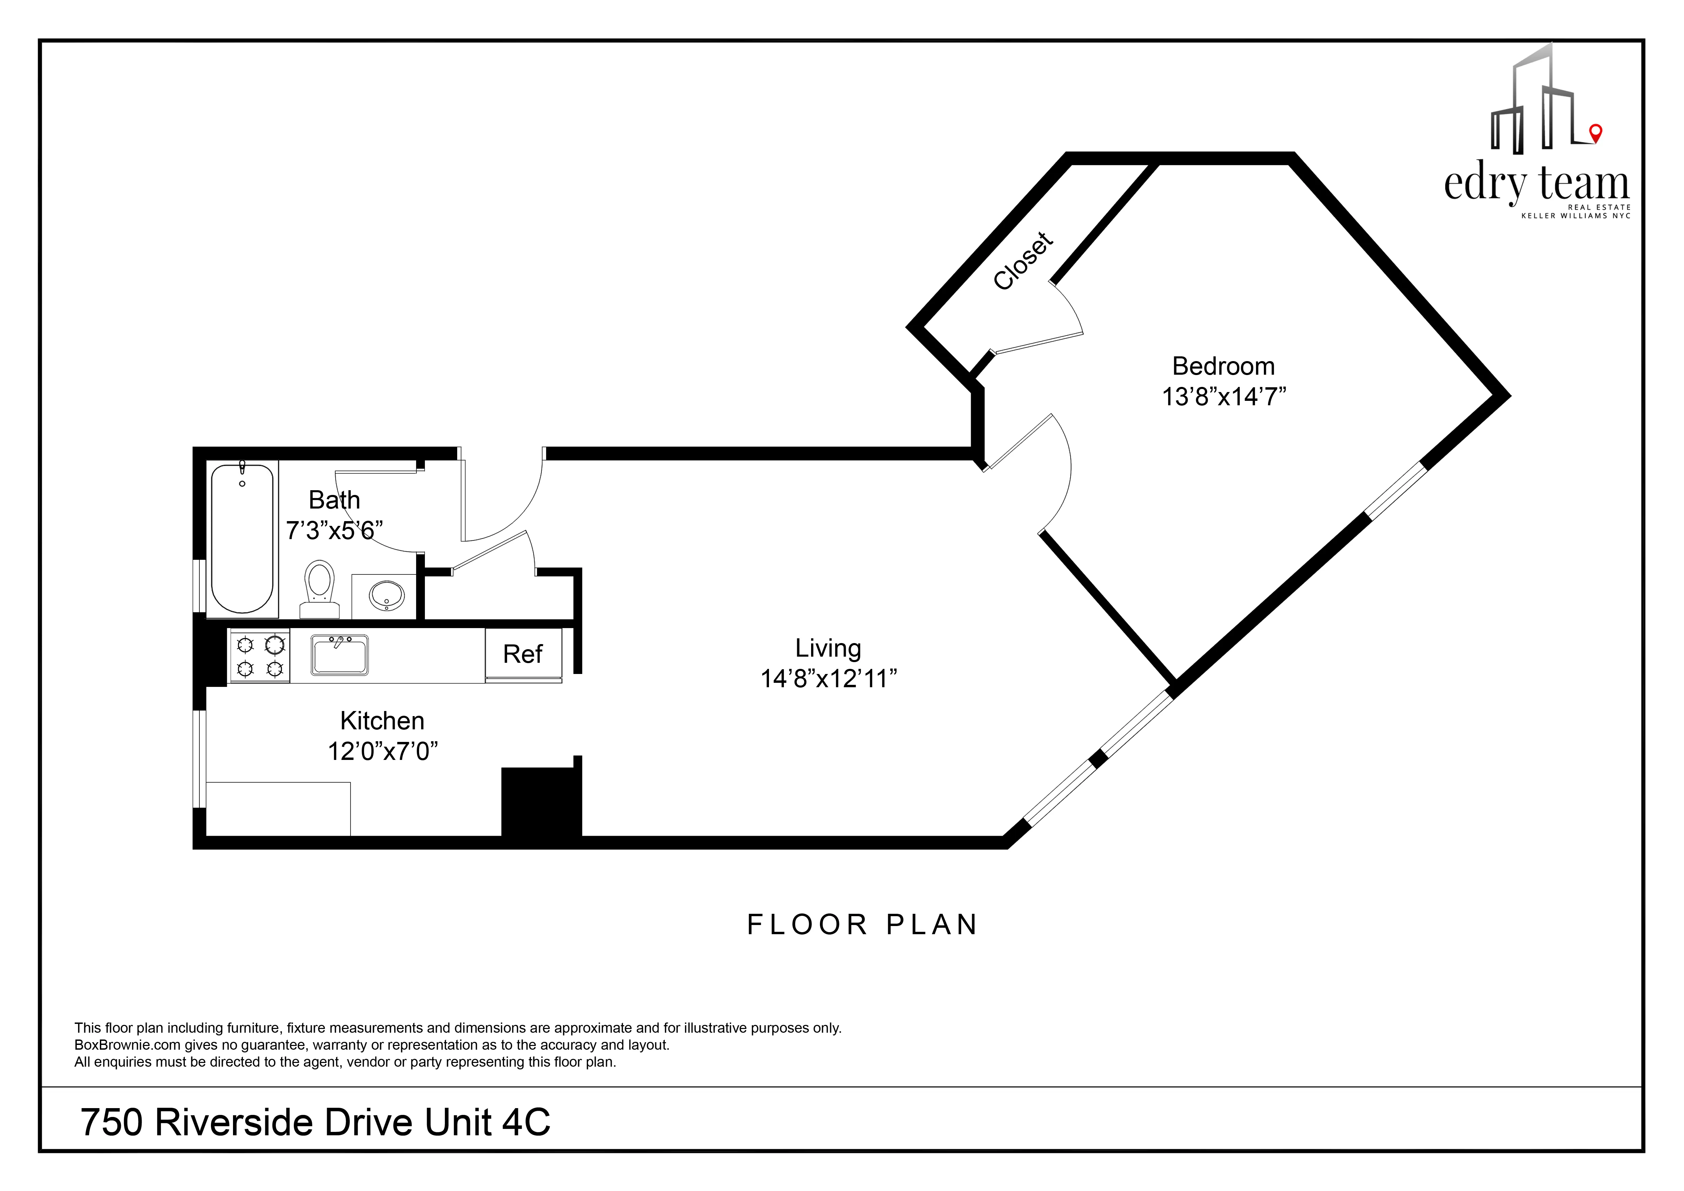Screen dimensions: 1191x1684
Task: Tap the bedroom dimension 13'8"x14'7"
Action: coord(1223,397)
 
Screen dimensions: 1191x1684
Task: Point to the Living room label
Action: coord(828,648)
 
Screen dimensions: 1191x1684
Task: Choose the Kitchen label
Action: coord(382,721)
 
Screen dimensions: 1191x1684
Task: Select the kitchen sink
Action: coord(340,654)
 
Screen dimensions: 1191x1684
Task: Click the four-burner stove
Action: coord(259,656)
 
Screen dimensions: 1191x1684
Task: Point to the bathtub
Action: coord(242,539)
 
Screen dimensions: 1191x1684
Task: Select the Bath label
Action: coord(335,500)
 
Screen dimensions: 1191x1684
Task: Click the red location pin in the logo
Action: coord(1595,133)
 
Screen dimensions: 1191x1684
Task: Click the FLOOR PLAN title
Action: coord(862,925)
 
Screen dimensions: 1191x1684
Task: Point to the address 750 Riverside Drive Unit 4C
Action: coord(316,1122)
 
